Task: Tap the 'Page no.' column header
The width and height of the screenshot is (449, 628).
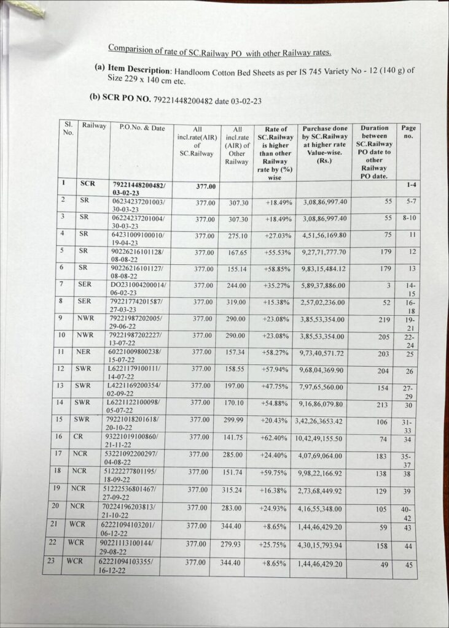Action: pos(408,132)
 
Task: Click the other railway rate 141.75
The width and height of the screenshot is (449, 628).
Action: pos(233,438)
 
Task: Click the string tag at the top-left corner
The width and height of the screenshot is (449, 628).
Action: pos(25,9)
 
